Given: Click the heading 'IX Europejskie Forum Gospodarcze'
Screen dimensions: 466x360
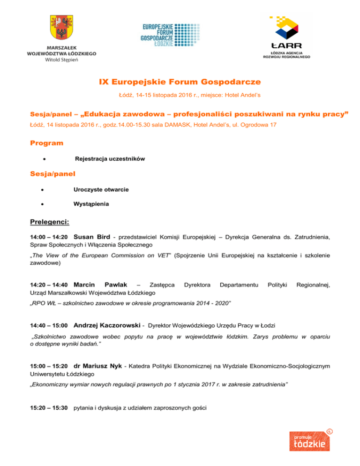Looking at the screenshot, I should (x=180, y=83).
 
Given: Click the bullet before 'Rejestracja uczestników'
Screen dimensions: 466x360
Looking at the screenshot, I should (x=43, y=159).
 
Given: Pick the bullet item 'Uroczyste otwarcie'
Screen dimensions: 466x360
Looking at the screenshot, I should (x=101, y=189).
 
